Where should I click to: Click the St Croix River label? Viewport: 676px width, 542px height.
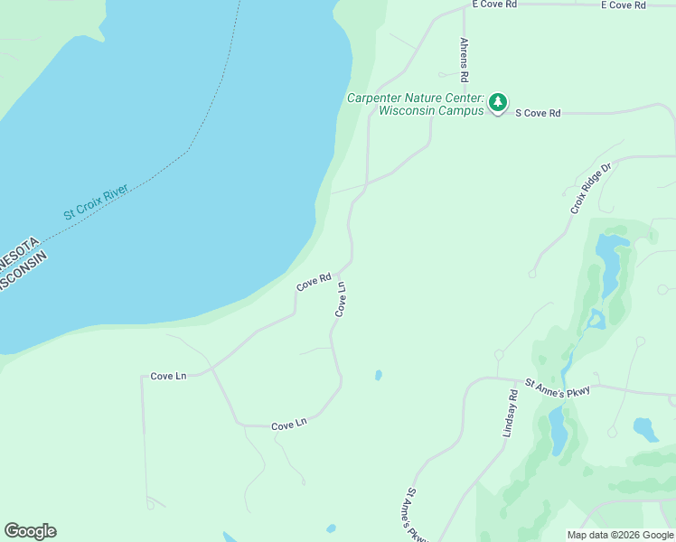pyautogui.click(x=97, y=202)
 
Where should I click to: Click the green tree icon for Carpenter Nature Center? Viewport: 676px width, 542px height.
pyautogui.click(x=498, y=103)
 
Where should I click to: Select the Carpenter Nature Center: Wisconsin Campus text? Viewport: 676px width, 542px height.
pyautogui.click(x=416, y=104)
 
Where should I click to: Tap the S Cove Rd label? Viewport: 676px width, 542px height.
pyautogui.click(x=538, y=113)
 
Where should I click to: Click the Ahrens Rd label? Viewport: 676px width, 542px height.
pyautogui.click(x=465, y=56)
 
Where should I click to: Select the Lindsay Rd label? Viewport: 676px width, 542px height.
pyautogui.click(x=511, y=414)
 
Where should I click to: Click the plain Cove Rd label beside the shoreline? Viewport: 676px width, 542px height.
pyautogui.click(x=314, y=282)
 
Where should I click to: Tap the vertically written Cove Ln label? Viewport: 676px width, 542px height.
pyautogui.click(x=341, y=299)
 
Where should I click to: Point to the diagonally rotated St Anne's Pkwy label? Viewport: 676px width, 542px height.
pyautogui.click(x=416, y=514)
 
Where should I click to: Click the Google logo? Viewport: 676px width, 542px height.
pyautogui.click(x=30, y=531)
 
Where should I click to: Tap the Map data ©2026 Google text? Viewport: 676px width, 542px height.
pyautogui.click(x=619, y=534)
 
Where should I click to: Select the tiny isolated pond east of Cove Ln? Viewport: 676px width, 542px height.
pyautogui.click(x=378, y=375)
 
